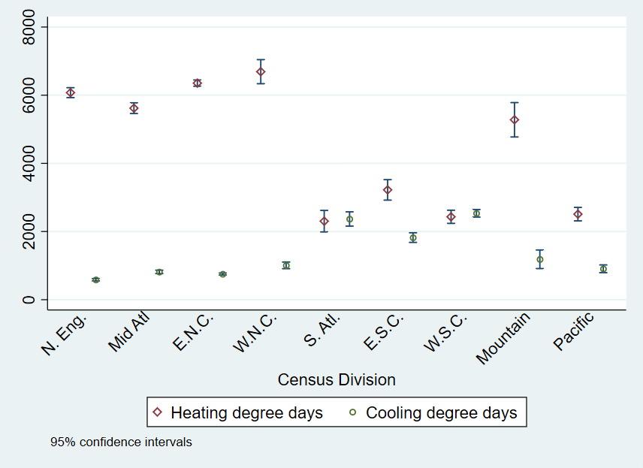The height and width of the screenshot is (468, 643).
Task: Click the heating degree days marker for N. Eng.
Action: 70,92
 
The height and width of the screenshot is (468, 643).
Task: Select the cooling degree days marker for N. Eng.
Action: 95,279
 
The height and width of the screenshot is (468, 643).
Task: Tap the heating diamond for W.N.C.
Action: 261,71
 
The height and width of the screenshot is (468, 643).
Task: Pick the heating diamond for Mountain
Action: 515,119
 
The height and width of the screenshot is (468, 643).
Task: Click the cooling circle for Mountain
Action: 540,259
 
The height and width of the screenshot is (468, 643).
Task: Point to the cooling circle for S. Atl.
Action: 349,219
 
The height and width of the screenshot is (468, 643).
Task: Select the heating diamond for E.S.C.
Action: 388,190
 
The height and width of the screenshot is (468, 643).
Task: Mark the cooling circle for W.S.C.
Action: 476,213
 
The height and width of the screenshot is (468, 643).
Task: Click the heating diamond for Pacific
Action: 578,214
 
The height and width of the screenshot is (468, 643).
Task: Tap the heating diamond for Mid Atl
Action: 134,108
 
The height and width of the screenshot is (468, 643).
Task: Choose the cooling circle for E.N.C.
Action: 222,274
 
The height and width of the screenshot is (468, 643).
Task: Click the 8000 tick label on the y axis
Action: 30,27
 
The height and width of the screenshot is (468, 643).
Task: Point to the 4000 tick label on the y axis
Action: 30,164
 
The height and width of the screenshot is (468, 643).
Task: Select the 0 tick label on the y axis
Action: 30,300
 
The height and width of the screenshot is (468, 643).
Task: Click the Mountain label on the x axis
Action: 504,337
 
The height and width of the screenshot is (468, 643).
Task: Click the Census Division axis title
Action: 337,379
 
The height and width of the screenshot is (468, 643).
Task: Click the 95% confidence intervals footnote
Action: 121,442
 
